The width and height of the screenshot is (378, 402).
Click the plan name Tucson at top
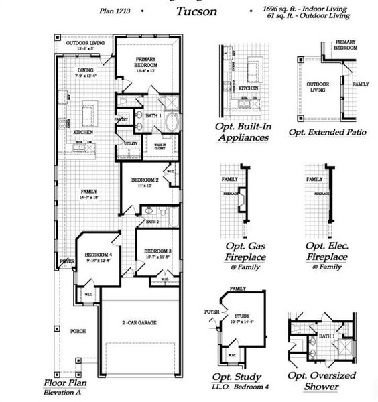point(196,11)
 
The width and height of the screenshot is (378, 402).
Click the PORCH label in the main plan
point(77,332)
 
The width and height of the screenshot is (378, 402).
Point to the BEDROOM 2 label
point(145,180)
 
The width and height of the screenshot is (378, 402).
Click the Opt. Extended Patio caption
point(327,132)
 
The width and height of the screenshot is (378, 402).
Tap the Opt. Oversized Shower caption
point(322,381)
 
